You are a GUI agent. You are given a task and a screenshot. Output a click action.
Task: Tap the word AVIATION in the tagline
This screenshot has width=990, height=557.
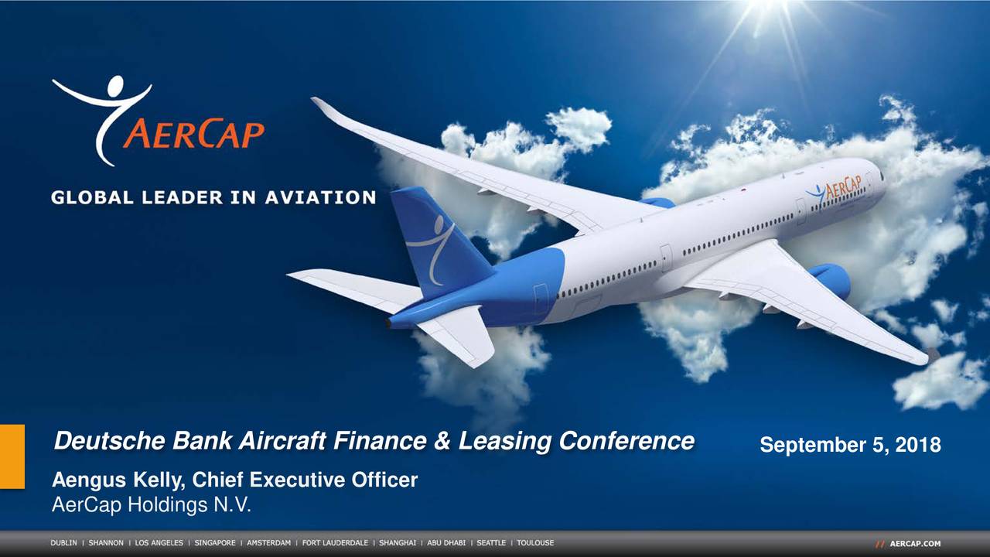(x=321, y=197)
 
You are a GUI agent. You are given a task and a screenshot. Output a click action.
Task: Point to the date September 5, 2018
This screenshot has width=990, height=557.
(x=850, y=446)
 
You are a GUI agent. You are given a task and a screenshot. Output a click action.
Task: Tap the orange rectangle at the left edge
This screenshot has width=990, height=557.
(x=12, y=456)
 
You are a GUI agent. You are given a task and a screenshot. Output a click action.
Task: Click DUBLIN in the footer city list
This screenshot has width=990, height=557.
(x=65, y=543)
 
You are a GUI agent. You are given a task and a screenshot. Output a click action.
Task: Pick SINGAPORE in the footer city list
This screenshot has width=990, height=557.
(x=215, y=543)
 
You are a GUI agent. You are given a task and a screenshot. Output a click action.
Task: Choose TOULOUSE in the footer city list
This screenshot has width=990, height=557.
(x=535, y=543)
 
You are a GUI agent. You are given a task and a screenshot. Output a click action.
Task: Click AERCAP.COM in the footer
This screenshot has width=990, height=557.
(x=915, y=544)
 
